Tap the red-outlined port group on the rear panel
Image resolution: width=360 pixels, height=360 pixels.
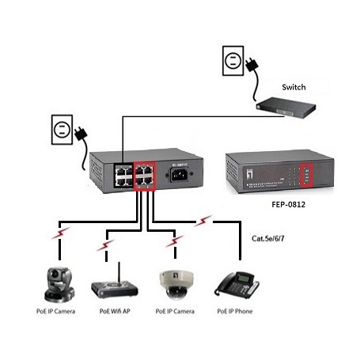click(x=146, y=173)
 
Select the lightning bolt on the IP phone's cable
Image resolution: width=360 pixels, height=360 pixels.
click(x=206, y=219)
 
